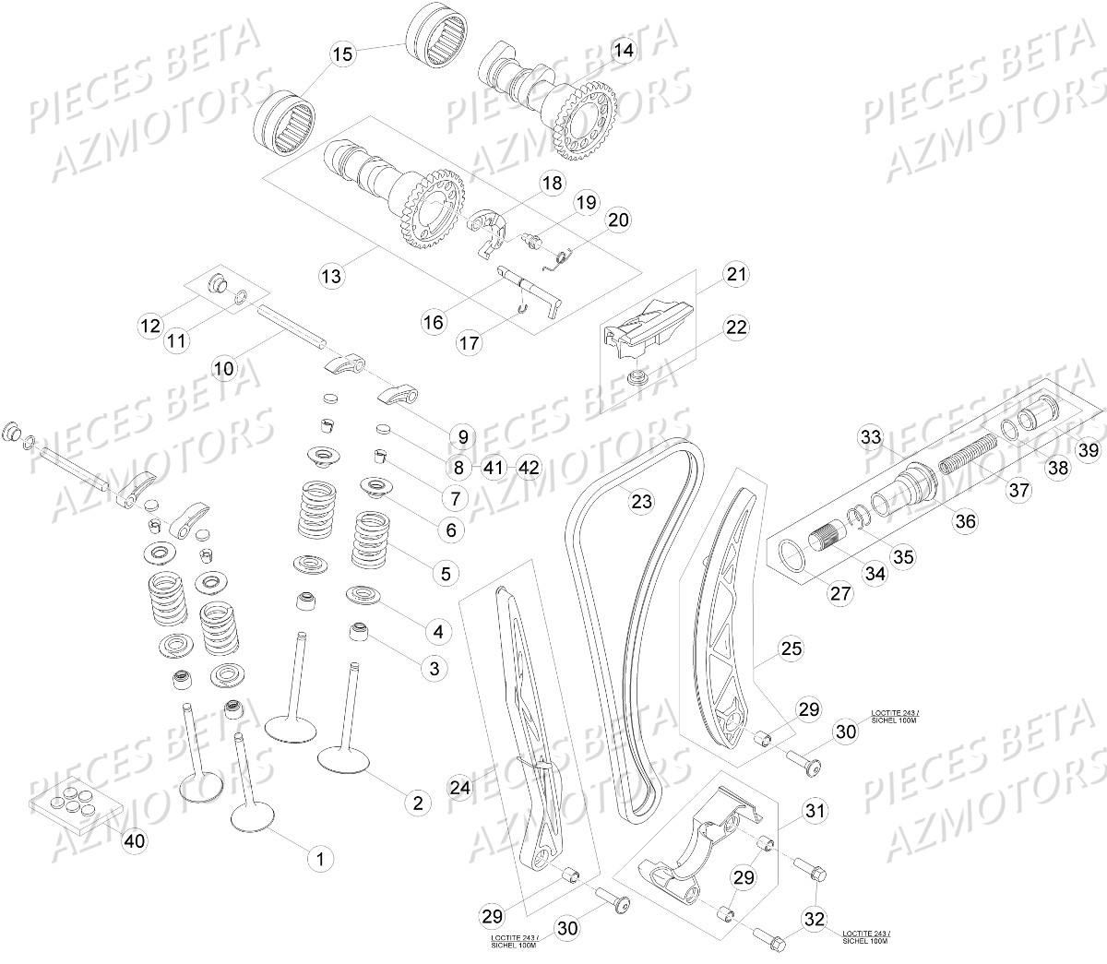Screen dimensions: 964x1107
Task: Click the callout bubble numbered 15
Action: click(342, 54)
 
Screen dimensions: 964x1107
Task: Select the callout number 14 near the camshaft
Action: click(624, 51)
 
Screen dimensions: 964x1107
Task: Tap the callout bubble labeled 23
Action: click(641, 502)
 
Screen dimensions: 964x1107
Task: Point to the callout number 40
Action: click(135, 840)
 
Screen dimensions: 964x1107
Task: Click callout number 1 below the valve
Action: click(320, 859)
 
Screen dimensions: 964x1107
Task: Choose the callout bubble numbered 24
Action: click(460, 787)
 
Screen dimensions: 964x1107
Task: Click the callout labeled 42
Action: click(528, 468)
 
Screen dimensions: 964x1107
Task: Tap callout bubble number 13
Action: click(331, 275)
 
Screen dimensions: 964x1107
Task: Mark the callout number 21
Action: click(736, 274)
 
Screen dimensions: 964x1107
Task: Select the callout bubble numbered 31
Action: click(815, 811)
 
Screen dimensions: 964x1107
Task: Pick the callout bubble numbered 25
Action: click(791, 649)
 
